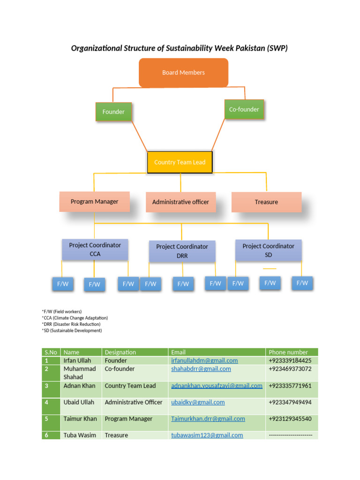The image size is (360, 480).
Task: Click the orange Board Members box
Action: pos(183,73)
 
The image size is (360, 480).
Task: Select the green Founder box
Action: pos(113,112)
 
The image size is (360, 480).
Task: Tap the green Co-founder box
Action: pos(244,109)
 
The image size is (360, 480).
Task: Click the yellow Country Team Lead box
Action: pos(180,162)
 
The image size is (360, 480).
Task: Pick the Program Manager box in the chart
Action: pos(94,202)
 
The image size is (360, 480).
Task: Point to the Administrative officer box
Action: pos(180,202)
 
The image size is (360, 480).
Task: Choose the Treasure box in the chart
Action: pos(266,202)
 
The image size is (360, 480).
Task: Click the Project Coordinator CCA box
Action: pos(95,249)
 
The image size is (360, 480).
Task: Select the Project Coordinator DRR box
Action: pos(182,251)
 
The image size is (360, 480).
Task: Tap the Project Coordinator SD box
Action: pos(268,250)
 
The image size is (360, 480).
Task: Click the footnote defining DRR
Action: pos(71,324)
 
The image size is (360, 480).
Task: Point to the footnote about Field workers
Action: pos(62,311)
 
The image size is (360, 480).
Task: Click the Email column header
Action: pos(178,352)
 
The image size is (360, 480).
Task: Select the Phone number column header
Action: pos(288,352)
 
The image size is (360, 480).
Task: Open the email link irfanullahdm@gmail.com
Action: pos(204,360)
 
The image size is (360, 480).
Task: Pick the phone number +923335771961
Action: pos(290,386)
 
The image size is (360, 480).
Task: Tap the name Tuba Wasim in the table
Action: pos(80,435)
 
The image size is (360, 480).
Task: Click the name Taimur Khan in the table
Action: pos(80,419)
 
